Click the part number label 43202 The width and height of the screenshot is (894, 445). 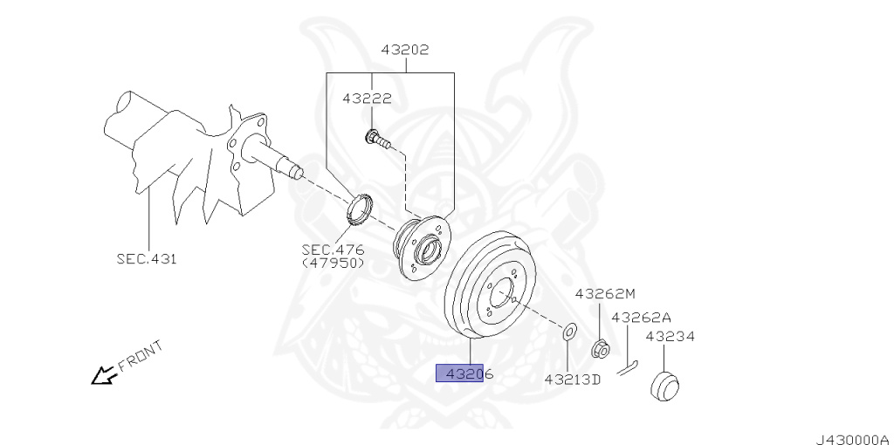tap(404, 50)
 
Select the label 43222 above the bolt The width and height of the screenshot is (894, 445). tap(367, 99)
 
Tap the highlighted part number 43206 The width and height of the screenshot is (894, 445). tap(469, 374)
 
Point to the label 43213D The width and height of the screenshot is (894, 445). tap(573, 379)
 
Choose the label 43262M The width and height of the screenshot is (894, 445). tap(605, 295)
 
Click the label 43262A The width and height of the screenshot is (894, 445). tap(641, 318)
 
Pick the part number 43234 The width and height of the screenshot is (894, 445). tap(670, 335)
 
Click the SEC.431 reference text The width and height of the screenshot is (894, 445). tap(147, 258)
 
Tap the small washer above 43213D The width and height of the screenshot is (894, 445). tap(568, 331)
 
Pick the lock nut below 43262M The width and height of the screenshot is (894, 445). tap(600, 350)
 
